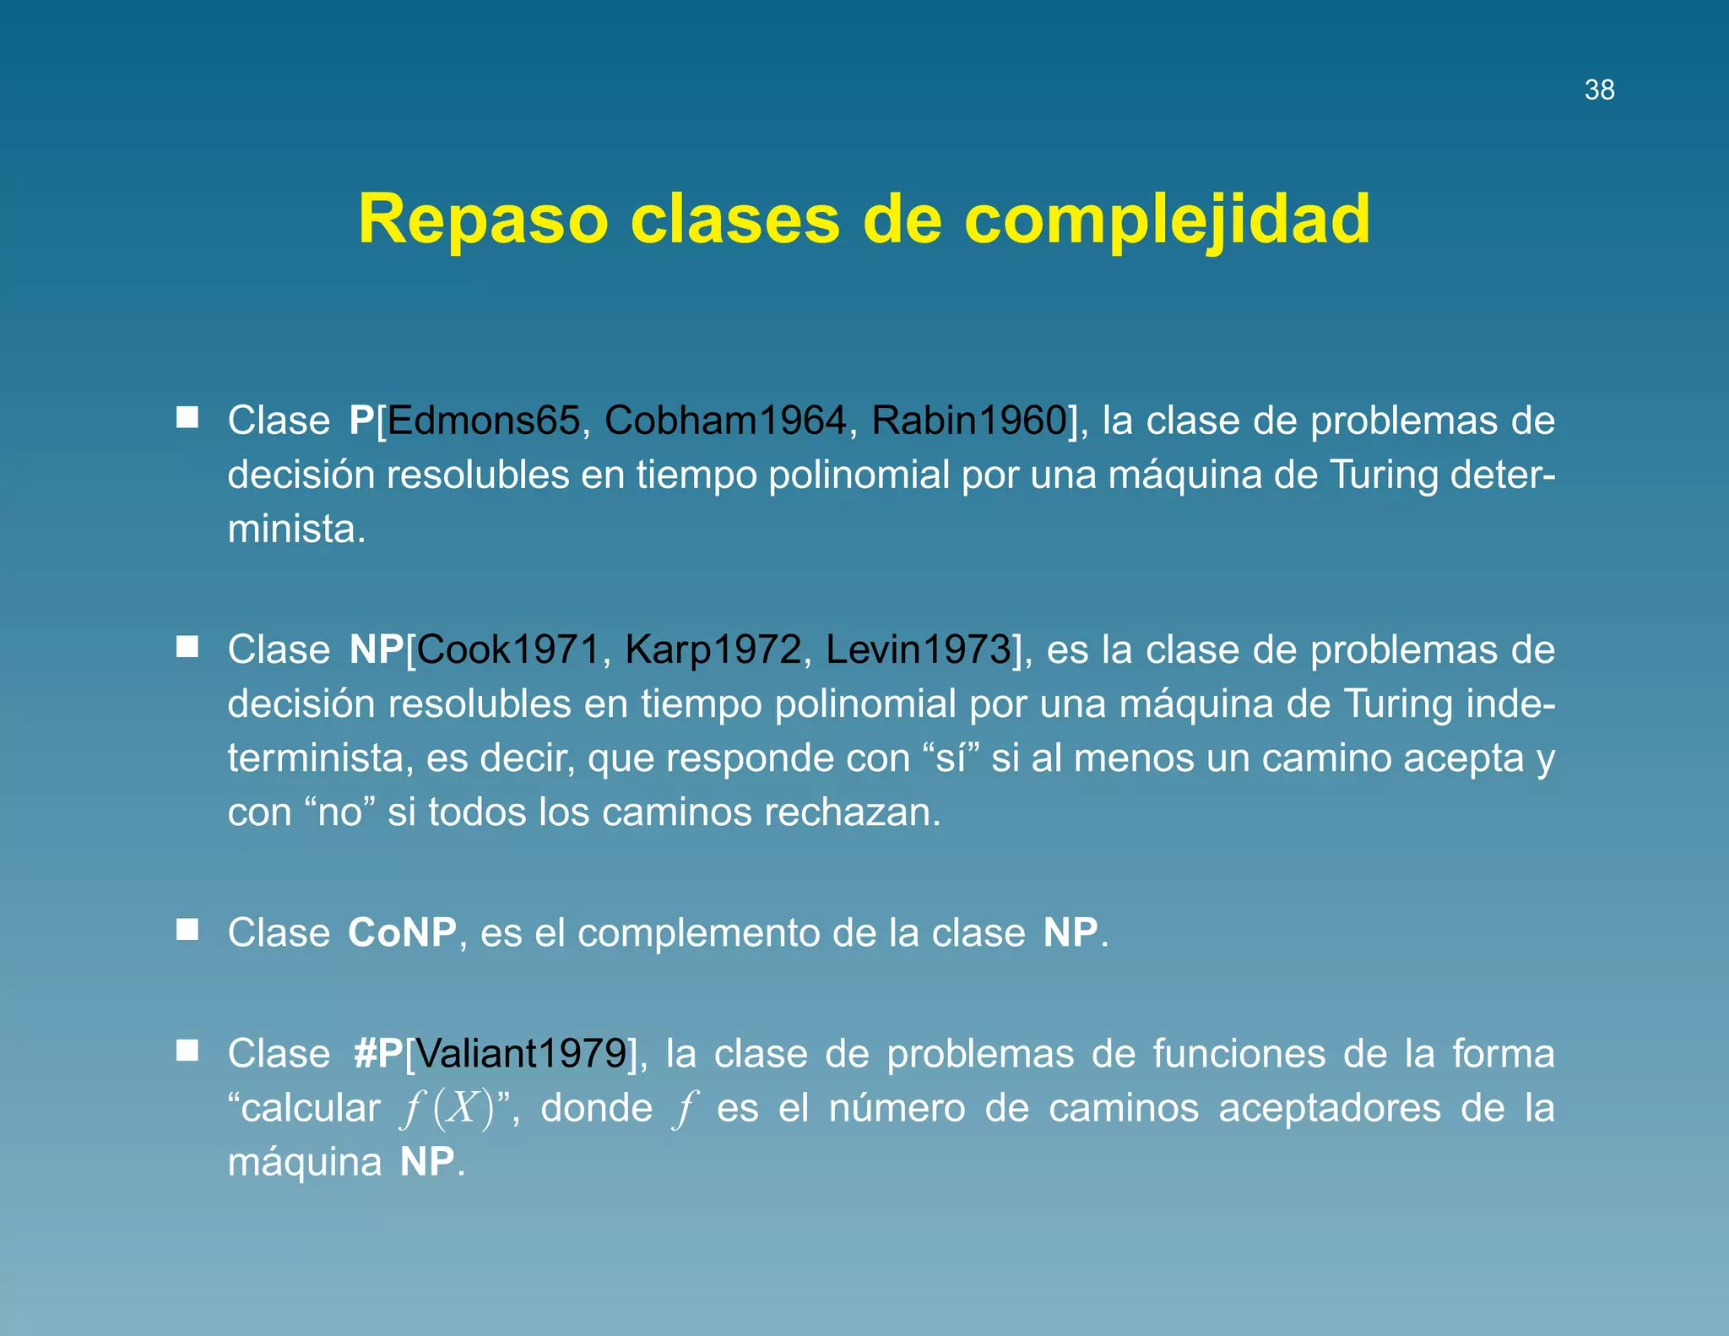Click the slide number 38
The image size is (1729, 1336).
1599,90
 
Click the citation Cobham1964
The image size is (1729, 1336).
725,421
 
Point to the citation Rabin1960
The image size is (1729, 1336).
969,421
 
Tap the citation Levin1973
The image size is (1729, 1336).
918,649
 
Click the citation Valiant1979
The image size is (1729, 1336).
521,1053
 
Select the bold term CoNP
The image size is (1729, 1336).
402,933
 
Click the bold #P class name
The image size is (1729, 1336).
378,1053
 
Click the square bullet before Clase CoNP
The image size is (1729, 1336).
187,930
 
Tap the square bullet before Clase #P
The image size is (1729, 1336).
187,1051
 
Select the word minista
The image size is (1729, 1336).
296,530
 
